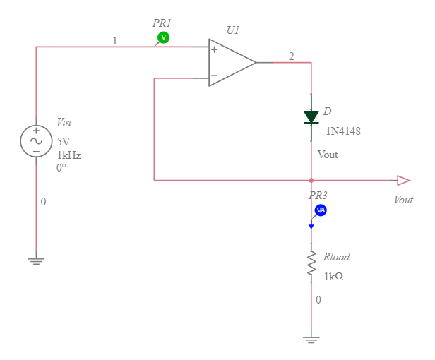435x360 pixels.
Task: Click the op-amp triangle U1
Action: (230, 63)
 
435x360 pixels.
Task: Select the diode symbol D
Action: (311, 117)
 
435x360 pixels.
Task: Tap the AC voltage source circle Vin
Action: (36, 140)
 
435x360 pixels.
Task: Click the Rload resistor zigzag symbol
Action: (311, 263)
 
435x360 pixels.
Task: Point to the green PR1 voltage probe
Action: (163, 37)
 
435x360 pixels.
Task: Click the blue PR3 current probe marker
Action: (321, 210)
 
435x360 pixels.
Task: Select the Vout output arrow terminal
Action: (403, 180)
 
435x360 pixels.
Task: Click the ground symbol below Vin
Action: (36, 260)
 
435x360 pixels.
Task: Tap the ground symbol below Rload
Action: (311, 340)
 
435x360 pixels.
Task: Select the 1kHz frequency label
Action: (68, 155)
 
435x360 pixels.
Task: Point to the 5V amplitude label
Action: (64, 141)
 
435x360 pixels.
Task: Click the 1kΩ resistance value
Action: (333, 277)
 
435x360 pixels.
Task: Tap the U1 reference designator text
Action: (233, 30)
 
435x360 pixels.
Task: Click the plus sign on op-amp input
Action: (214, 49)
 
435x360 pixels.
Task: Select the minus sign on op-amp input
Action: (214, 76)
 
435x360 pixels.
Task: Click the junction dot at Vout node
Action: (311, 180)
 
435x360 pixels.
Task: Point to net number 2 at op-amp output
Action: (291, 56)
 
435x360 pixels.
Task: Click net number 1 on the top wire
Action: (115, 40)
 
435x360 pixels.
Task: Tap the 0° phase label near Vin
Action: (61, 168)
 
